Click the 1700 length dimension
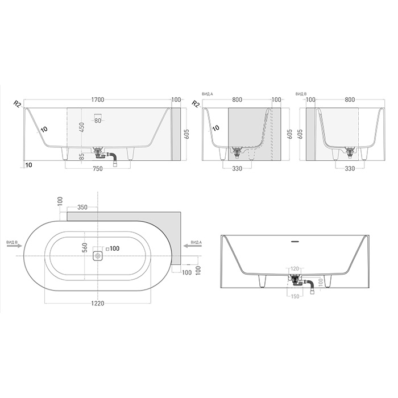pos(97,100)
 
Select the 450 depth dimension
pos(82,128)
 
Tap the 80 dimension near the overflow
pos(98,121)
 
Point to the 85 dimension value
pos(82,155)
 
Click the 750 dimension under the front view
pos(97,168)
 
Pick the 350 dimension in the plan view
pos(82,208)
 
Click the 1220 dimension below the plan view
pos(97,304)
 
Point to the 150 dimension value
pos(295,296)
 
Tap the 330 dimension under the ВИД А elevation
pos(237,168)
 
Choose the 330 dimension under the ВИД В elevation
pos(350,168)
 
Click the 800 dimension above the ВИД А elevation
pos(237,100)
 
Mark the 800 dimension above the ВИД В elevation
pos(350,100)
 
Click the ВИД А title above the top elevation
pos(208,93)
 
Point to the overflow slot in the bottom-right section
pos(295,242)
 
